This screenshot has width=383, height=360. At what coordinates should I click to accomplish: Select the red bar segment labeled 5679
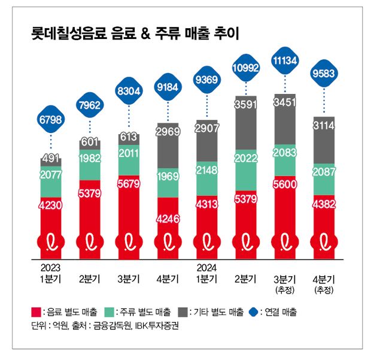[128, 198]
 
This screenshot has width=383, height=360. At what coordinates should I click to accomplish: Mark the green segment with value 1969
[168, 178]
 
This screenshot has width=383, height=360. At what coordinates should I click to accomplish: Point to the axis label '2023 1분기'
[50, 273]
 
